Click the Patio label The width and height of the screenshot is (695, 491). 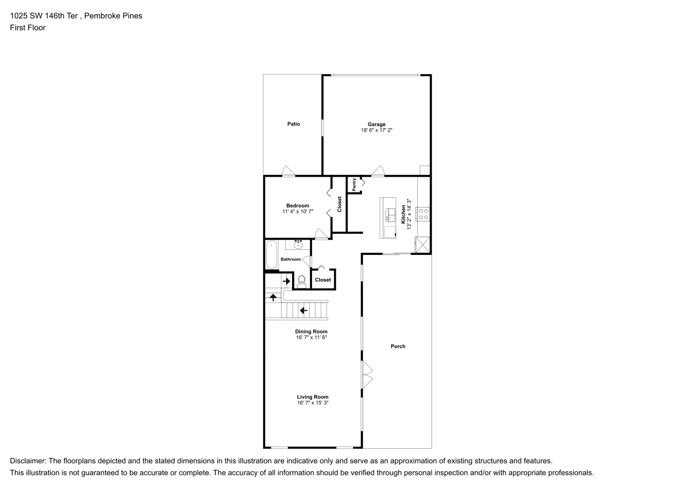coord(293,124)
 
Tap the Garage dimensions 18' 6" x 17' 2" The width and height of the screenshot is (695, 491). coord(376,130)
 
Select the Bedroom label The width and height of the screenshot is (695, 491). coord(297,206)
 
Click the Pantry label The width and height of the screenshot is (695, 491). coord(354,185)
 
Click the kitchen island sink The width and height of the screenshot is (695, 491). coord(390,215)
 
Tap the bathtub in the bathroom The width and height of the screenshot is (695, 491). coord(272,254)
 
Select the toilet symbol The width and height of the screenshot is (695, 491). coord(301,282)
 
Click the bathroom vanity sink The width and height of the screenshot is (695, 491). coord(298,245)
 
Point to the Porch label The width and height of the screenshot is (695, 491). coord(398,346)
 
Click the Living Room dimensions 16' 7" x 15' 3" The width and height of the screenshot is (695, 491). coord(313,403)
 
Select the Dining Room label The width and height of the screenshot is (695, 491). coord(311,331)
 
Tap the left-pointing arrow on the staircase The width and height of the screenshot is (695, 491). coord(303,310)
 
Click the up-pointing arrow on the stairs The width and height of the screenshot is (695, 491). coord(273,297)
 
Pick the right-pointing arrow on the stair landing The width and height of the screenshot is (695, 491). coord(286,281)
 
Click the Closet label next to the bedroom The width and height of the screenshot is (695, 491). coord(339,204)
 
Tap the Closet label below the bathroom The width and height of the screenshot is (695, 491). coord(323,279)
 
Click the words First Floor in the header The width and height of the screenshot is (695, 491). coord(28,27)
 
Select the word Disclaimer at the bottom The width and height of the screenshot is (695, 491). coord(28,461)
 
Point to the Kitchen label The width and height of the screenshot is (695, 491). coord(404,214)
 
